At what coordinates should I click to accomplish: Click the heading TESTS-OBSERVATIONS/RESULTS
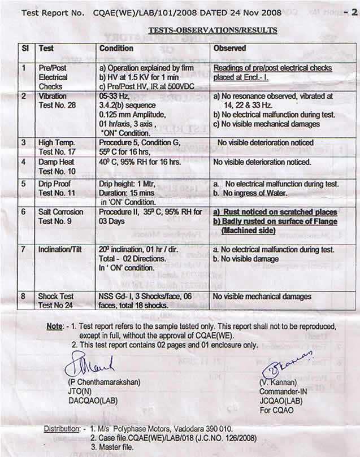click(212, 30)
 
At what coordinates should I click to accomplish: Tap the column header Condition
click(116, 49)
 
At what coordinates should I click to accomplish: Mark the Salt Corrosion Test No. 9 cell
click(60, 216)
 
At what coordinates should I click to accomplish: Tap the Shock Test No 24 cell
click(56, 301)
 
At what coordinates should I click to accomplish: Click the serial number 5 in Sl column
click(24, 184)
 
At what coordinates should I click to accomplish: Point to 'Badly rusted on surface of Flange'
click(275, 221)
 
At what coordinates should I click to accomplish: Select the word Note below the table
click(55, 327)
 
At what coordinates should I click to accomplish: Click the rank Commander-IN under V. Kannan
click(285, 391)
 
